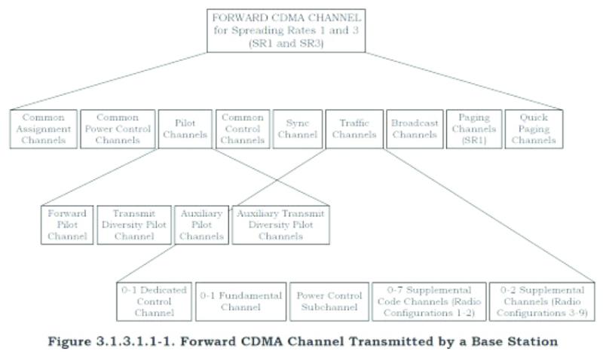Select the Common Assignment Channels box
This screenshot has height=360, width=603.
tap(44, 128)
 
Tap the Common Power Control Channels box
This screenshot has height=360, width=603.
tap(117, 128)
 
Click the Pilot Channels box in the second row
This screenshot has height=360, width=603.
tap(185, 128)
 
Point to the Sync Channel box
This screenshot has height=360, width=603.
tap(295, 128)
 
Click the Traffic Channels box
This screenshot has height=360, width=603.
tap(353, 128)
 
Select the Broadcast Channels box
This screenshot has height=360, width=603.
tap(412, 128)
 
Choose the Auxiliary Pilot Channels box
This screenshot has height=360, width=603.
tap(200, 224)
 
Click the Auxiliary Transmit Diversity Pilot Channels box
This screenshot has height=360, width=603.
tap(280, 224)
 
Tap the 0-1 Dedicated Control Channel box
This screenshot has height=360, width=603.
tap(154, 301)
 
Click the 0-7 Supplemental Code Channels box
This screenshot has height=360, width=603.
tap(427, 301)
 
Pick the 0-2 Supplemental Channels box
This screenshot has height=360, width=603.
tap(540, 301)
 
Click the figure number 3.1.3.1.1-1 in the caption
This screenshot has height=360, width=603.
tap(145, 341)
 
